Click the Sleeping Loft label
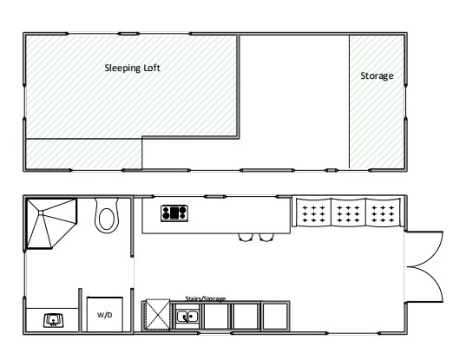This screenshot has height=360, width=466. [x=132, y=68]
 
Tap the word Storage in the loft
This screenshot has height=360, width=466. [x=377, y=75]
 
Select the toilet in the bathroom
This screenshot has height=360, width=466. [x=107, y=216]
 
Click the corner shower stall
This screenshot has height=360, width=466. [x=51, y=223]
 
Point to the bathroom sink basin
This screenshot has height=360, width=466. [x=54, y=320]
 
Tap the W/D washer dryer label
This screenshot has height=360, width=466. [x=105, y=315]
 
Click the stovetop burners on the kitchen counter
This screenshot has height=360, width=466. [x=174, y=213]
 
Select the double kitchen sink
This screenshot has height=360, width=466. [x=187, y=317]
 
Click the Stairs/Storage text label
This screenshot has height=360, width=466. [x=206, y=298]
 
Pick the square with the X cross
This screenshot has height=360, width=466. [x=158, y=315]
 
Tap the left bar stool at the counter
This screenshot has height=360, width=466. [x=246, y=238]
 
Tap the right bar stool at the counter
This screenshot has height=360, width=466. [x=266, y=238]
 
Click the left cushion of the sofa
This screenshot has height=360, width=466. [x=314, y=213]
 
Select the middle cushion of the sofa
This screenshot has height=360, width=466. [x=348, y=213]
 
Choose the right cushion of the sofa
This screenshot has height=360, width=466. [x=383, y=213]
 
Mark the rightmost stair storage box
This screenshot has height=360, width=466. [x=275, y=316]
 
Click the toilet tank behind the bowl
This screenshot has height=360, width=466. [x=107, y=202]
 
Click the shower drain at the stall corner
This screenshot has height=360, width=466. [x=41, y=213]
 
